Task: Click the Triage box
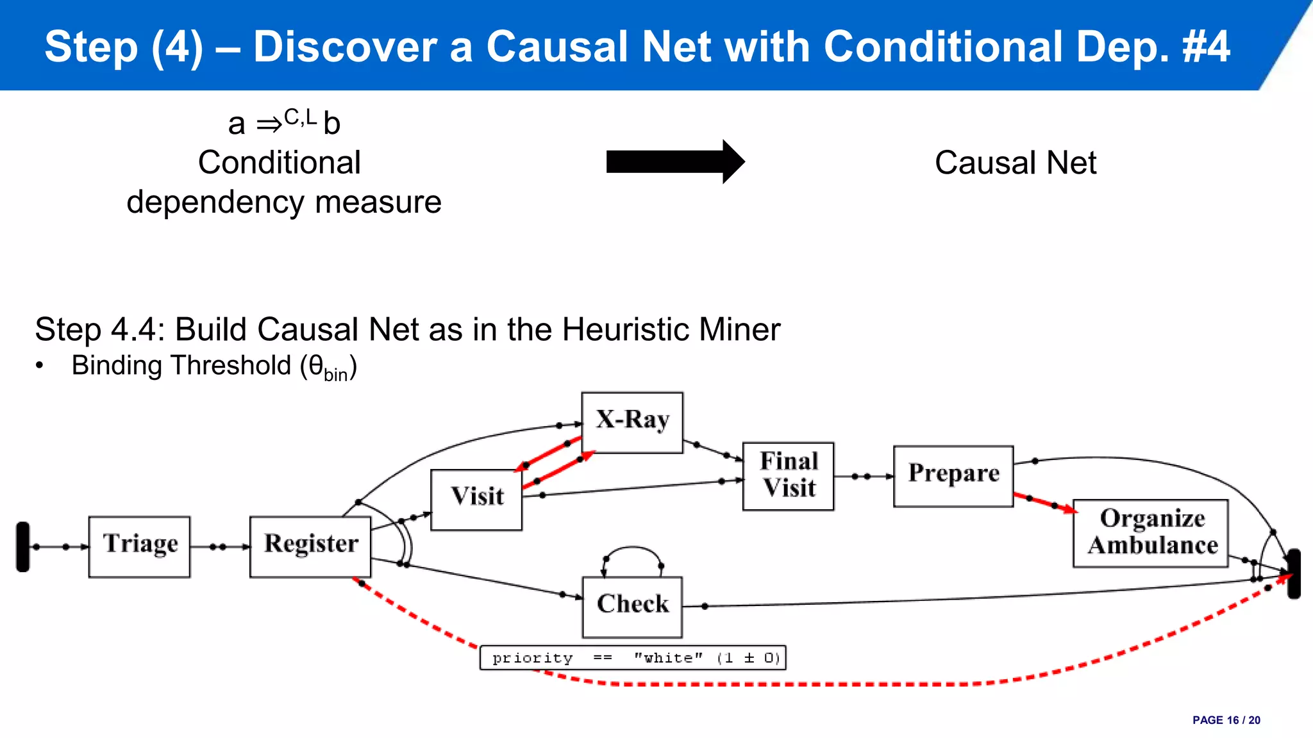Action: (x=139, y=546)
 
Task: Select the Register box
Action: (x=310, y=546)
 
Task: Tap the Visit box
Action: (x=476, y=500)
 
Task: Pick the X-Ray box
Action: (x=632, y=422)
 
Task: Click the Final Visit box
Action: (x=788, y=476)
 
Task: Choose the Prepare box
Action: (x=953, y=476)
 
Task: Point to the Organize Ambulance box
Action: (x=1151, y=533)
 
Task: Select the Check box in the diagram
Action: (x=632, y=606)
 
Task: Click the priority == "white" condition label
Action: (x=633, y=658)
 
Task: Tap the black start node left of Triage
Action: (x=23, y=546)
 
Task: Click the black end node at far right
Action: (x=1294, y=573)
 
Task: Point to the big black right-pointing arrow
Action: (x=674, y=161)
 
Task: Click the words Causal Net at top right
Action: (x=1015, y=163)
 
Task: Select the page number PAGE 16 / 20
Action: (x=1226, y=720)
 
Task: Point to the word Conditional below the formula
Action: (x=279, y=163)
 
